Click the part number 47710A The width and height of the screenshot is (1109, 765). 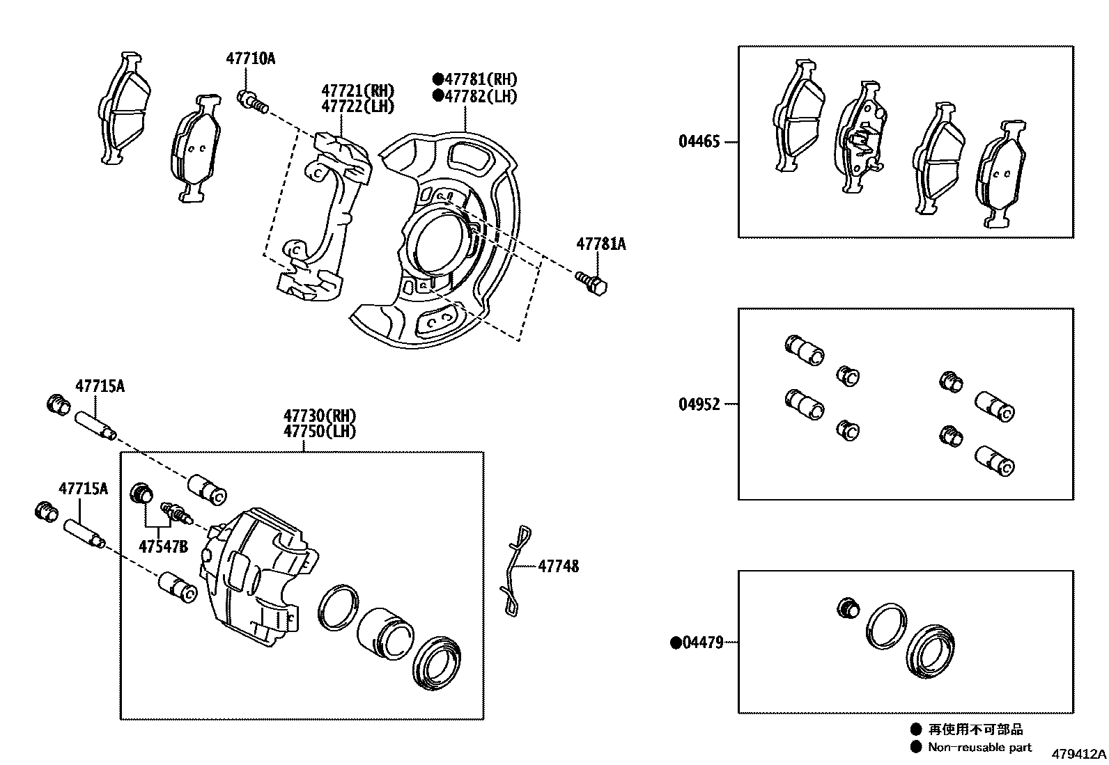pos(250,59)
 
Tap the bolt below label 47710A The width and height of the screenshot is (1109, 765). pos(252,102)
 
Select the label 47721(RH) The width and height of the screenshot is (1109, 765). pos(357,91)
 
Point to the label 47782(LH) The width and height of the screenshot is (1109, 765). pos(480,97)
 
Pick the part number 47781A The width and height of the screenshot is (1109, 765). pos(600,245)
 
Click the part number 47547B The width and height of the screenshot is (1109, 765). pos(163,546)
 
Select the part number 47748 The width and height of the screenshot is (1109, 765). pos(558,567)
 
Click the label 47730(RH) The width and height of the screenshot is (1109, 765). pos(319,416)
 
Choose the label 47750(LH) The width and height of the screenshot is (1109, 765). pos(319,432)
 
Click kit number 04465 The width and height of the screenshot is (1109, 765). pos(699,142)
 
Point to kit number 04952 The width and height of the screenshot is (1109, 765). pos(699,404)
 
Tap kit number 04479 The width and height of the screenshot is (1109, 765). pos(702,642)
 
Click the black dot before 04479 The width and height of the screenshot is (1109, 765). pos(675,642)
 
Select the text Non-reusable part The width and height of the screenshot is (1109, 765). pos(979,748)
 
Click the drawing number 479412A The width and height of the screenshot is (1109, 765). pos(1078,755)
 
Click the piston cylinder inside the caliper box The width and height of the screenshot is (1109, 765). pos(385,632)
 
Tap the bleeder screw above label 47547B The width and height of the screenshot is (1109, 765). pos(176,513)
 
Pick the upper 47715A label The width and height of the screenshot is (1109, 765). pos(100,386)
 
